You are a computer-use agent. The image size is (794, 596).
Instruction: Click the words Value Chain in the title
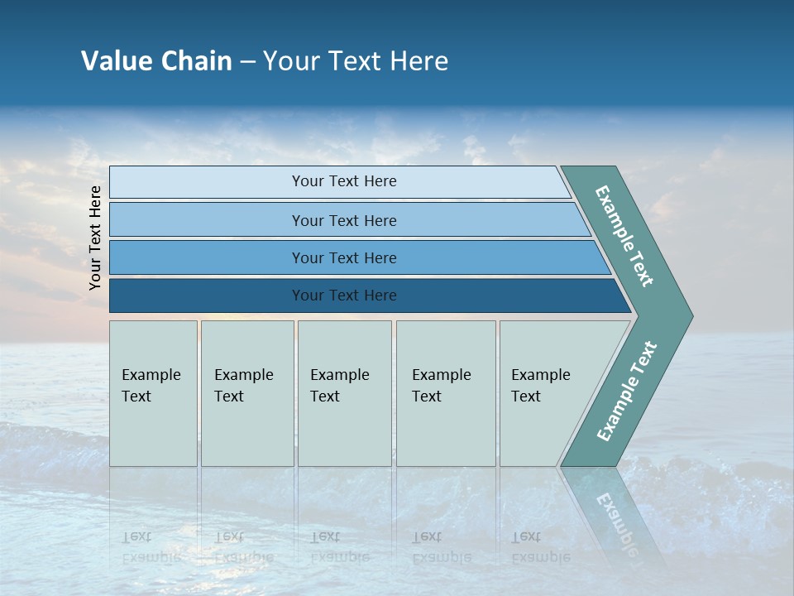[156, 61]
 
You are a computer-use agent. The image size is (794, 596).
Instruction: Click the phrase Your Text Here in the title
[356, 61]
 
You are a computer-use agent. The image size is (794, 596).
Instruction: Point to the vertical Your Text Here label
[95, 238]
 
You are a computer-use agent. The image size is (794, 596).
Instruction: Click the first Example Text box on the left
[153, 393]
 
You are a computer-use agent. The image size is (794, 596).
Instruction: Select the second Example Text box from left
[246, 393]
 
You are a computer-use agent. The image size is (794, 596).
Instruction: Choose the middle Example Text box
[344, 393]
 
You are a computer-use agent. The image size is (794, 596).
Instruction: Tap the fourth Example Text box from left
[445, 393]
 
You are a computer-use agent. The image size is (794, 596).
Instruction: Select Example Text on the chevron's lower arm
[627, 392]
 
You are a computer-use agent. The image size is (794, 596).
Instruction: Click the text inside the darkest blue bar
[344, 296]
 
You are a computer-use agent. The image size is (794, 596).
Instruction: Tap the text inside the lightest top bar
[344, 181]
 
